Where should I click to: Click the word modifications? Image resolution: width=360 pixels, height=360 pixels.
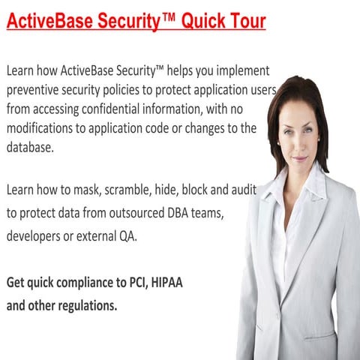click(x=41, y=128)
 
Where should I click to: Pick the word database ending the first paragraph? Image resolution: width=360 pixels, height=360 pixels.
click(x=31, y=148)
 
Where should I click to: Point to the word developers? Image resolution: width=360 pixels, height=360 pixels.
click(x=36, y=236)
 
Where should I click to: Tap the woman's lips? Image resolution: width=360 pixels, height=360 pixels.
click(x=299, y=158)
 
